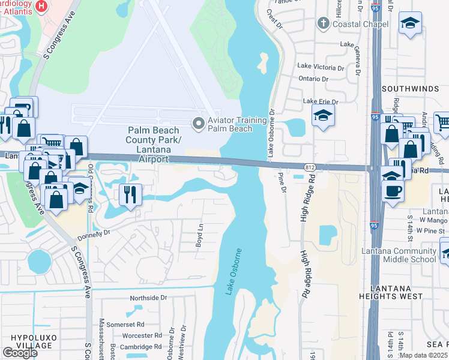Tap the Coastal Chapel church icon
click(x=324, y=23)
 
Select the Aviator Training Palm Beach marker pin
click(x=198, y=124)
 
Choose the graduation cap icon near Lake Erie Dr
click(x=323, y=116)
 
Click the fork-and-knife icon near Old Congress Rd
click(x=128, y=194)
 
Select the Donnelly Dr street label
click(x=94, y=233)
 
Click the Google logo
click(x=20, y=352)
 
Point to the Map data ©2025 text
click(x=424, y=355)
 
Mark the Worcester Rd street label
click(x=141, y=335)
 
